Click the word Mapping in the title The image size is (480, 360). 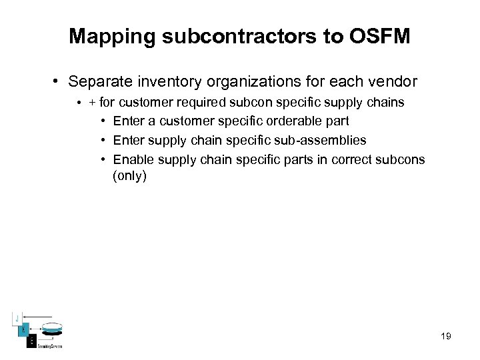coord(111,36)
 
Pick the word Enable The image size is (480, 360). coord(131,160)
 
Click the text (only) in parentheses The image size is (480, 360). coord(129,176)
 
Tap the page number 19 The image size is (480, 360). coord(445,337)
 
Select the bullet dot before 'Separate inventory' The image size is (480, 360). coord(59,83)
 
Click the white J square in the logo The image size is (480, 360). coord(17,317)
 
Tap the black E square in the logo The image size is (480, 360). coord(31,341)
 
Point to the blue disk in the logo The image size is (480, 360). coord(51,329)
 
